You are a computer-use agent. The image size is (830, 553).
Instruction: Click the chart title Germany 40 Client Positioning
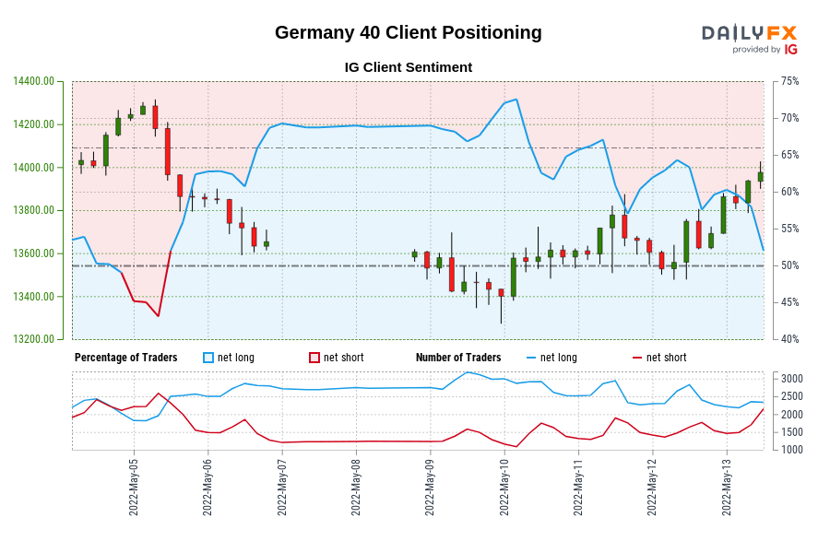409,32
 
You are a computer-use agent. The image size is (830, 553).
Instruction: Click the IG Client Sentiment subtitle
409,67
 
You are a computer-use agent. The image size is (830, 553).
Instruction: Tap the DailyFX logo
749,39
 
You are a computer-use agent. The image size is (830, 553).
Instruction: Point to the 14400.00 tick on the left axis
33,81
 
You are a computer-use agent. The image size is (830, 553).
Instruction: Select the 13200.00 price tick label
33,339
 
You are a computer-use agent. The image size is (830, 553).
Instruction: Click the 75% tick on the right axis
789,81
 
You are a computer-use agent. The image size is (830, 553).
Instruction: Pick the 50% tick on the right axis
789,265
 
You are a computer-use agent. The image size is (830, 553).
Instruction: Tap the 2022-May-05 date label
135,487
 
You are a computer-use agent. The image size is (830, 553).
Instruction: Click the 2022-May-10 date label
504,487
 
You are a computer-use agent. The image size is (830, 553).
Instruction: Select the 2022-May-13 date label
727,487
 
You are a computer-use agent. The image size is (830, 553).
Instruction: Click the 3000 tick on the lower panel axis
792,379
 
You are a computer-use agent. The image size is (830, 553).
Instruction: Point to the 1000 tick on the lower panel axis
792,450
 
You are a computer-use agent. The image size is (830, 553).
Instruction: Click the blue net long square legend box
208,358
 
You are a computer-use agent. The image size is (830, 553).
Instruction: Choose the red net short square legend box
314,358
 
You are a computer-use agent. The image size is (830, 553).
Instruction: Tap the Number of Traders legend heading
458,358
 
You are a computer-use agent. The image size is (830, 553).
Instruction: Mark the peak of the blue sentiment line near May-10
516,99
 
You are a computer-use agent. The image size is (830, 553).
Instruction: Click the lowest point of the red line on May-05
159,316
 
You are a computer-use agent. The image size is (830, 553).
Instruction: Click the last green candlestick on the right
761,176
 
